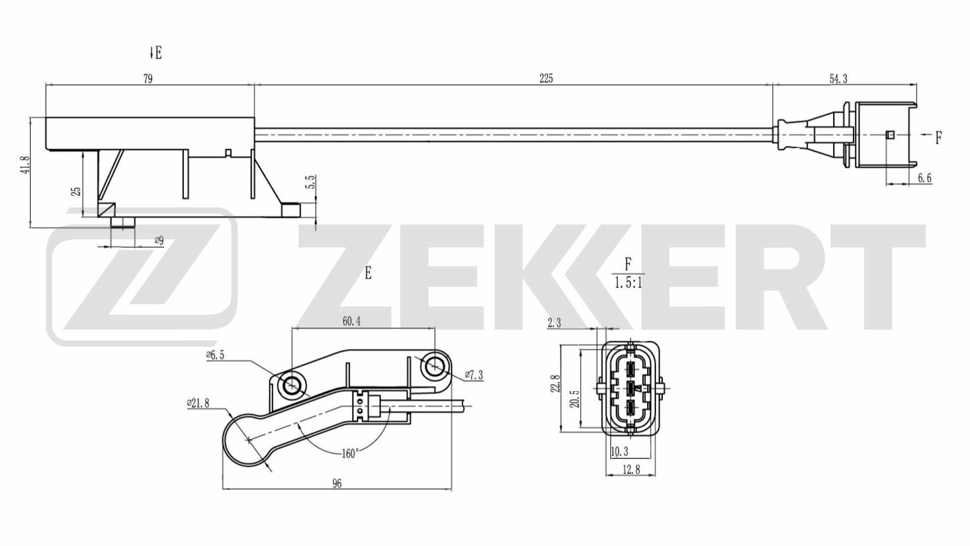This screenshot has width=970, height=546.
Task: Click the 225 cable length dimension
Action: (546, 78)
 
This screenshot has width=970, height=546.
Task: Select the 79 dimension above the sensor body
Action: (148, 78)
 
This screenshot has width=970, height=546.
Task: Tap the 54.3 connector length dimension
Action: (838, 78)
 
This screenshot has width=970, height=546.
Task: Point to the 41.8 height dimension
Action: (27, 165)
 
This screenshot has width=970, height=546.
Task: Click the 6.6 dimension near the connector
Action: (924, 177)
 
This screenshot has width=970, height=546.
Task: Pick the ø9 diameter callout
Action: (159, 241)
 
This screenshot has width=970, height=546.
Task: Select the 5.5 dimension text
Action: (311, 183)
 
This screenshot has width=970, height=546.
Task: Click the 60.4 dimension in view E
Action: (351, 321)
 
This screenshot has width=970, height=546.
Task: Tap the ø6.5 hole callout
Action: (215, 355)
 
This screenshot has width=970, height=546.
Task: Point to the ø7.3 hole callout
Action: (474, 375)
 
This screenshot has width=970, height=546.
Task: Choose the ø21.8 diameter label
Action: (198, 403)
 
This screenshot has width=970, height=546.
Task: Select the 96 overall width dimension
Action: (337, 484)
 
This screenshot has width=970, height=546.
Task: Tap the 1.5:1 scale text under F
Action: (628, 283)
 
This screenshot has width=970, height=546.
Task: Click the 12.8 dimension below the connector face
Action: (632, 470)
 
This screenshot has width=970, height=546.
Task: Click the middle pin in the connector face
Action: (631, 388)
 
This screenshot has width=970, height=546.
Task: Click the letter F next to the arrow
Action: (939, 138)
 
